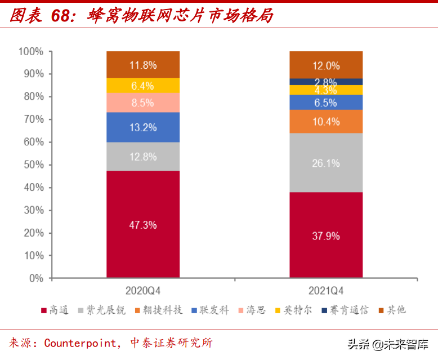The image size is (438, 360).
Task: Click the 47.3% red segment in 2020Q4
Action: point(143,224)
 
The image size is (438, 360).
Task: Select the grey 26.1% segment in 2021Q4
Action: point(326,163)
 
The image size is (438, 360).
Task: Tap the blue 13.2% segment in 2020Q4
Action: point(143,127)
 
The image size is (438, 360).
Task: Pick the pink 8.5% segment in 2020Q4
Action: point(143,103)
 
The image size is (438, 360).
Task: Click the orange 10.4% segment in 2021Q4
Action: point(326,121)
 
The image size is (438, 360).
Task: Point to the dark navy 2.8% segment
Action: point(326,82)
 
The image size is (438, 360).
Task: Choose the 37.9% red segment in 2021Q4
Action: point(326,235)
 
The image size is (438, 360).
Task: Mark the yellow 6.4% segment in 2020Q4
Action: point(143,86)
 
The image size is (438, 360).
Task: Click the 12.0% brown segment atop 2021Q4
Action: point(326,65)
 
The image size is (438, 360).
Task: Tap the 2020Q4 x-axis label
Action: point(143,291)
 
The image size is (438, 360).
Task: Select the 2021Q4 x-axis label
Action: point(326,291)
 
